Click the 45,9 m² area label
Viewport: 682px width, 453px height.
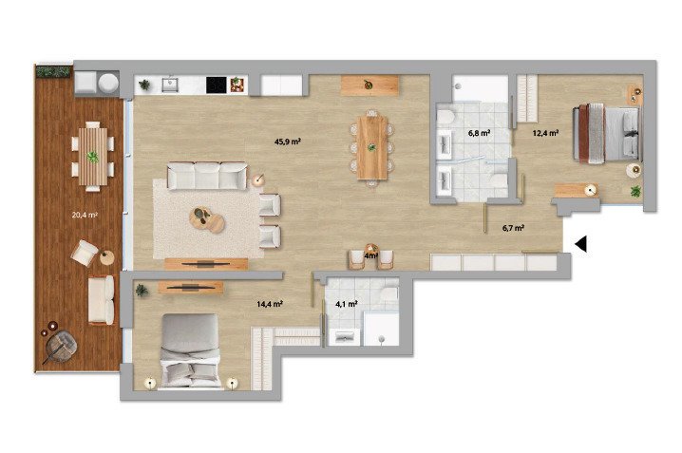point(288,142)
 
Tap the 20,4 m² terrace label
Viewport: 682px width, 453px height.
point(85,215)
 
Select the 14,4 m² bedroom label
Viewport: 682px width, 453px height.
point(270,304)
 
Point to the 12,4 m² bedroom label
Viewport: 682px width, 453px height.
point(545,133)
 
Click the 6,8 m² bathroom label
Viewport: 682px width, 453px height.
point(480,133)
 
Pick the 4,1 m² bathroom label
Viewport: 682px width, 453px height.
point(346,304)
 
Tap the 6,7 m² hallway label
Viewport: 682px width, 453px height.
point(513,228)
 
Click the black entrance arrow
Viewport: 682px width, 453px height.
point(580,244)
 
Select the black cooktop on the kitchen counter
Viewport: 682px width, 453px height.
point(217,85)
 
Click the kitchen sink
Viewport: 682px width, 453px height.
point(170,85)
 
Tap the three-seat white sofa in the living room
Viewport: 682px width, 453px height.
point(207,176)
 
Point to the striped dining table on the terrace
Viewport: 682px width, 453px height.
point(93,157)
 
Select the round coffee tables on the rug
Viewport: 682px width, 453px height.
point(207,219)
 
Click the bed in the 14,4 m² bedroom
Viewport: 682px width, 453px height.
point(190,350)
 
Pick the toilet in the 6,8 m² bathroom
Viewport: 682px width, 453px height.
point(445,119)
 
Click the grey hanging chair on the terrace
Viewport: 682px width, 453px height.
point(62,347)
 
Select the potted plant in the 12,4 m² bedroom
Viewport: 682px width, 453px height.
point(635,191)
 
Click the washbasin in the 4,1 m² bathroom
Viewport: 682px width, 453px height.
point(345,337)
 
